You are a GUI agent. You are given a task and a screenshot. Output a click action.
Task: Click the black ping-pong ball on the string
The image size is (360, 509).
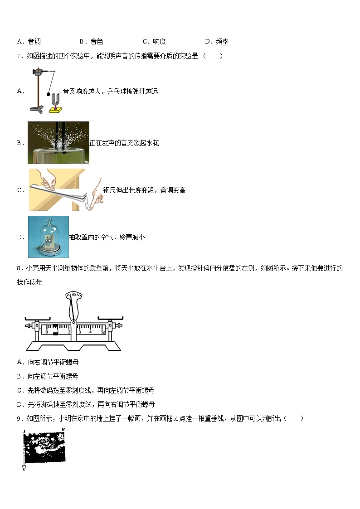point(48,94)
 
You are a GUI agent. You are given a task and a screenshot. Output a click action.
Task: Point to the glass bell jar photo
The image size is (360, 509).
point(49,237)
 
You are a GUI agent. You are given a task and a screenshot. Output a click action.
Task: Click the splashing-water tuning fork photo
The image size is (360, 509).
point(58,142)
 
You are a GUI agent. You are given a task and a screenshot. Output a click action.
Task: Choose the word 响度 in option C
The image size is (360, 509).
point(159,42)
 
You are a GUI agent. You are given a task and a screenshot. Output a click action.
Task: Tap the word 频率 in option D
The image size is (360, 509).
point(222,42)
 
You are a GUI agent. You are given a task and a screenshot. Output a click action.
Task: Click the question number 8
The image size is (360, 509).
point(19,268)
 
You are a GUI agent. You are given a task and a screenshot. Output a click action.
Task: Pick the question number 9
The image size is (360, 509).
point(19,419)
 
